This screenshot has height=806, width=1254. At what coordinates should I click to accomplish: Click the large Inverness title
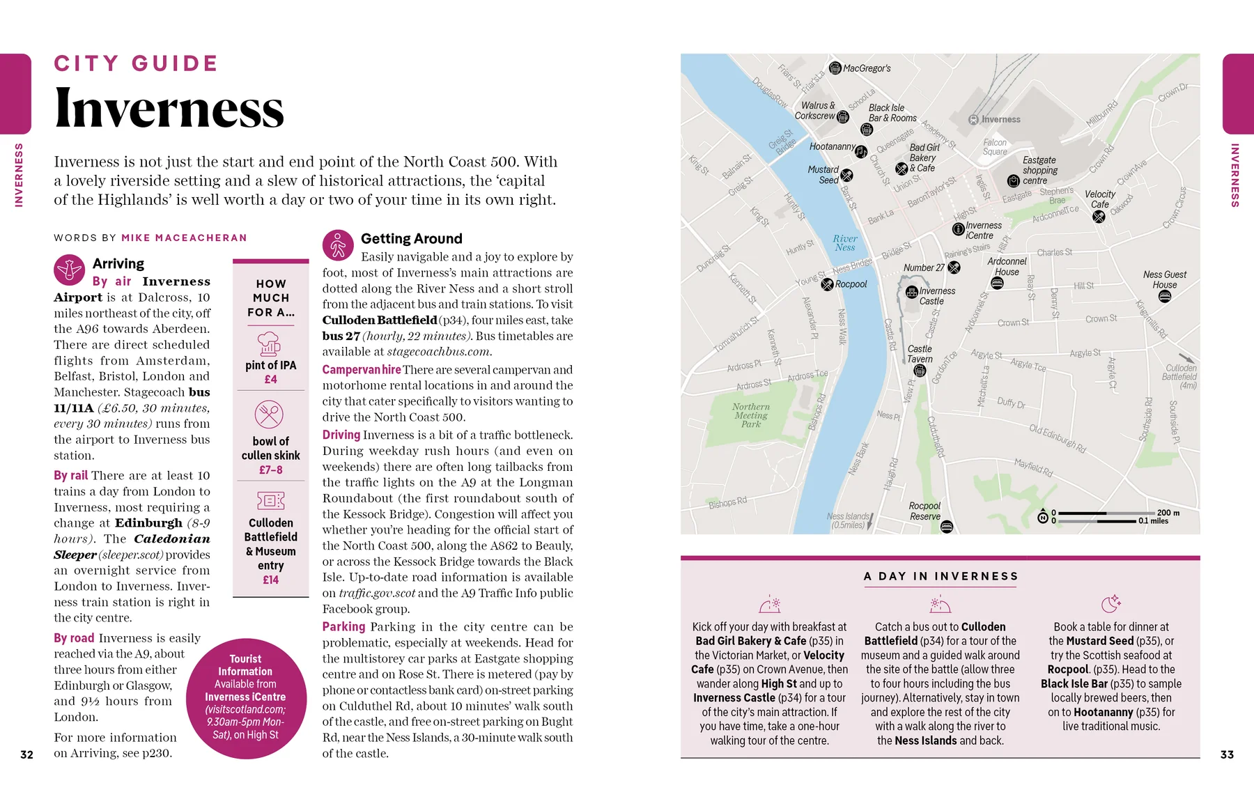[x=169, y=109]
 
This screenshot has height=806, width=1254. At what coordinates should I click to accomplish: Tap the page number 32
[x=27, y=754]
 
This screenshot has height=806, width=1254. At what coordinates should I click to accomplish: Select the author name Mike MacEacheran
[x=184, y=238]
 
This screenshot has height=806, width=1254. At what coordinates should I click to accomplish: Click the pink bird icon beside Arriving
[x=70, y=269]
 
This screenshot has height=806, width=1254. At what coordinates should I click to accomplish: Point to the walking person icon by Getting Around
[x=338, y=245]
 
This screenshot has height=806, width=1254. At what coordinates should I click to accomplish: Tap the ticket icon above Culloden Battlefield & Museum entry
[x=270, y=500]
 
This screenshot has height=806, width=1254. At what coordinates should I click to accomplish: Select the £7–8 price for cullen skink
[x=270, y=470]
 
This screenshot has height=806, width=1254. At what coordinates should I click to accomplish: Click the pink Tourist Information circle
[x=246, y=697]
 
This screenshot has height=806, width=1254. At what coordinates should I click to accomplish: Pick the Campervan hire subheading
[x=361, y=370]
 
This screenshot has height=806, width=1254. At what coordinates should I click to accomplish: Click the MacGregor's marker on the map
[x=835, y=68]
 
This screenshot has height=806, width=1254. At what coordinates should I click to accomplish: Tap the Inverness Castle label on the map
[x=936, y=296]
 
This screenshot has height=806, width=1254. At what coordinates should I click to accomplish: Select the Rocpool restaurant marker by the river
[x=827, y=284]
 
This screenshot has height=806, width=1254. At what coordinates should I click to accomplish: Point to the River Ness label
[x=844, y=242]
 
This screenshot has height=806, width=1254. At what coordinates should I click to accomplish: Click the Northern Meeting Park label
[x=751, y=415]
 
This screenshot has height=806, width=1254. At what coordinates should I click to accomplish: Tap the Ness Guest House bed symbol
[x=1164, y=296]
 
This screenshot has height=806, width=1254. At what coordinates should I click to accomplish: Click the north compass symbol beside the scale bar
[x=1043, y=517]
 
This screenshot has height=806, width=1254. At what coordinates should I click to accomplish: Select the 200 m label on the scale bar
[x=1168, y=513]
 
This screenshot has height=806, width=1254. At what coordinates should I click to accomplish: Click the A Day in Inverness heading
[x=940, y=576]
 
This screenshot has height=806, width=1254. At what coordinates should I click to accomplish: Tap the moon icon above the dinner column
[x=1110, y=603]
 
